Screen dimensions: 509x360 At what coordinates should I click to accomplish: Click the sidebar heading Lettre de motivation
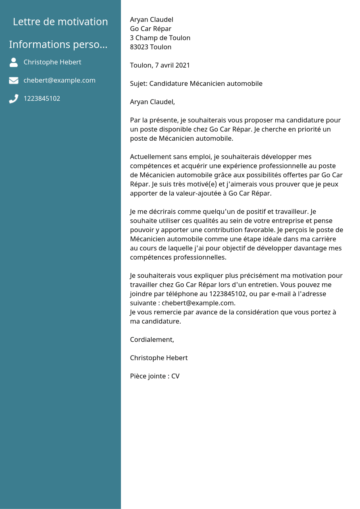[60, 22]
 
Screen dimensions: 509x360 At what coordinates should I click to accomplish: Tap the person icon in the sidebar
[14, 62]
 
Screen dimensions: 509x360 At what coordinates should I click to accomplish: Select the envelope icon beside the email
[14, 80]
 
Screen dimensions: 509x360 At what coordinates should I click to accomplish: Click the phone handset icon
[14, 99]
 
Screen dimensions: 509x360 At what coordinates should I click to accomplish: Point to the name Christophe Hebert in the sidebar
[52, 62]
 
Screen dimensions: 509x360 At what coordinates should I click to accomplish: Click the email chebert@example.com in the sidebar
[60, 80]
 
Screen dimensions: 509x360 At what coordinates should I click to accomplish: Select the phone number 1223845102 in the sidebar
[42, 98]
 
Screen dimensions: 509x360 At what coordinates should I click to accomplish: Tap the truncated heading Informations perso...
[58, 44]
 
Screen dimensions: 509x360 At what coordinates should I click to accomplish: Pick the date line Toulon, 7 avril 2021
[160, 65]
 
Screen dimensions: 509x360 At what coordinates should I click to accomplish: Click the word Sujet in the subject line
[138, 84]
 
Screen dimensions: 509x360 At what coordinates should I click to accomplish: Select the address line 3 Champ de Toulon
[160, 38]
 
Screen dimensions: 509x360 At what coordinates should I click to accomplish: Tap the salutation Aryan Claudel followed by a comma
[152, 102]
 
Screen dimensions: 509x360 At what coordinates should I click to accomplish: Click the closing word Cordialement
[152, 340]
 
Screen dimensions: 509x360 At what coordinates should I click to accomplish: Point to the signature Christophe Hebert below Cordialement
[159, 358]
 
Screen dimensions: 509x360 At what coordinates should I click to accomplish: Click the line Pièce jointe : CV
[155, 376]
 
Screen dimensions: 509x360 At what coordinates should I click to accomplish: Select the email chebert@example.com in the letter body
[198, 303]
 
